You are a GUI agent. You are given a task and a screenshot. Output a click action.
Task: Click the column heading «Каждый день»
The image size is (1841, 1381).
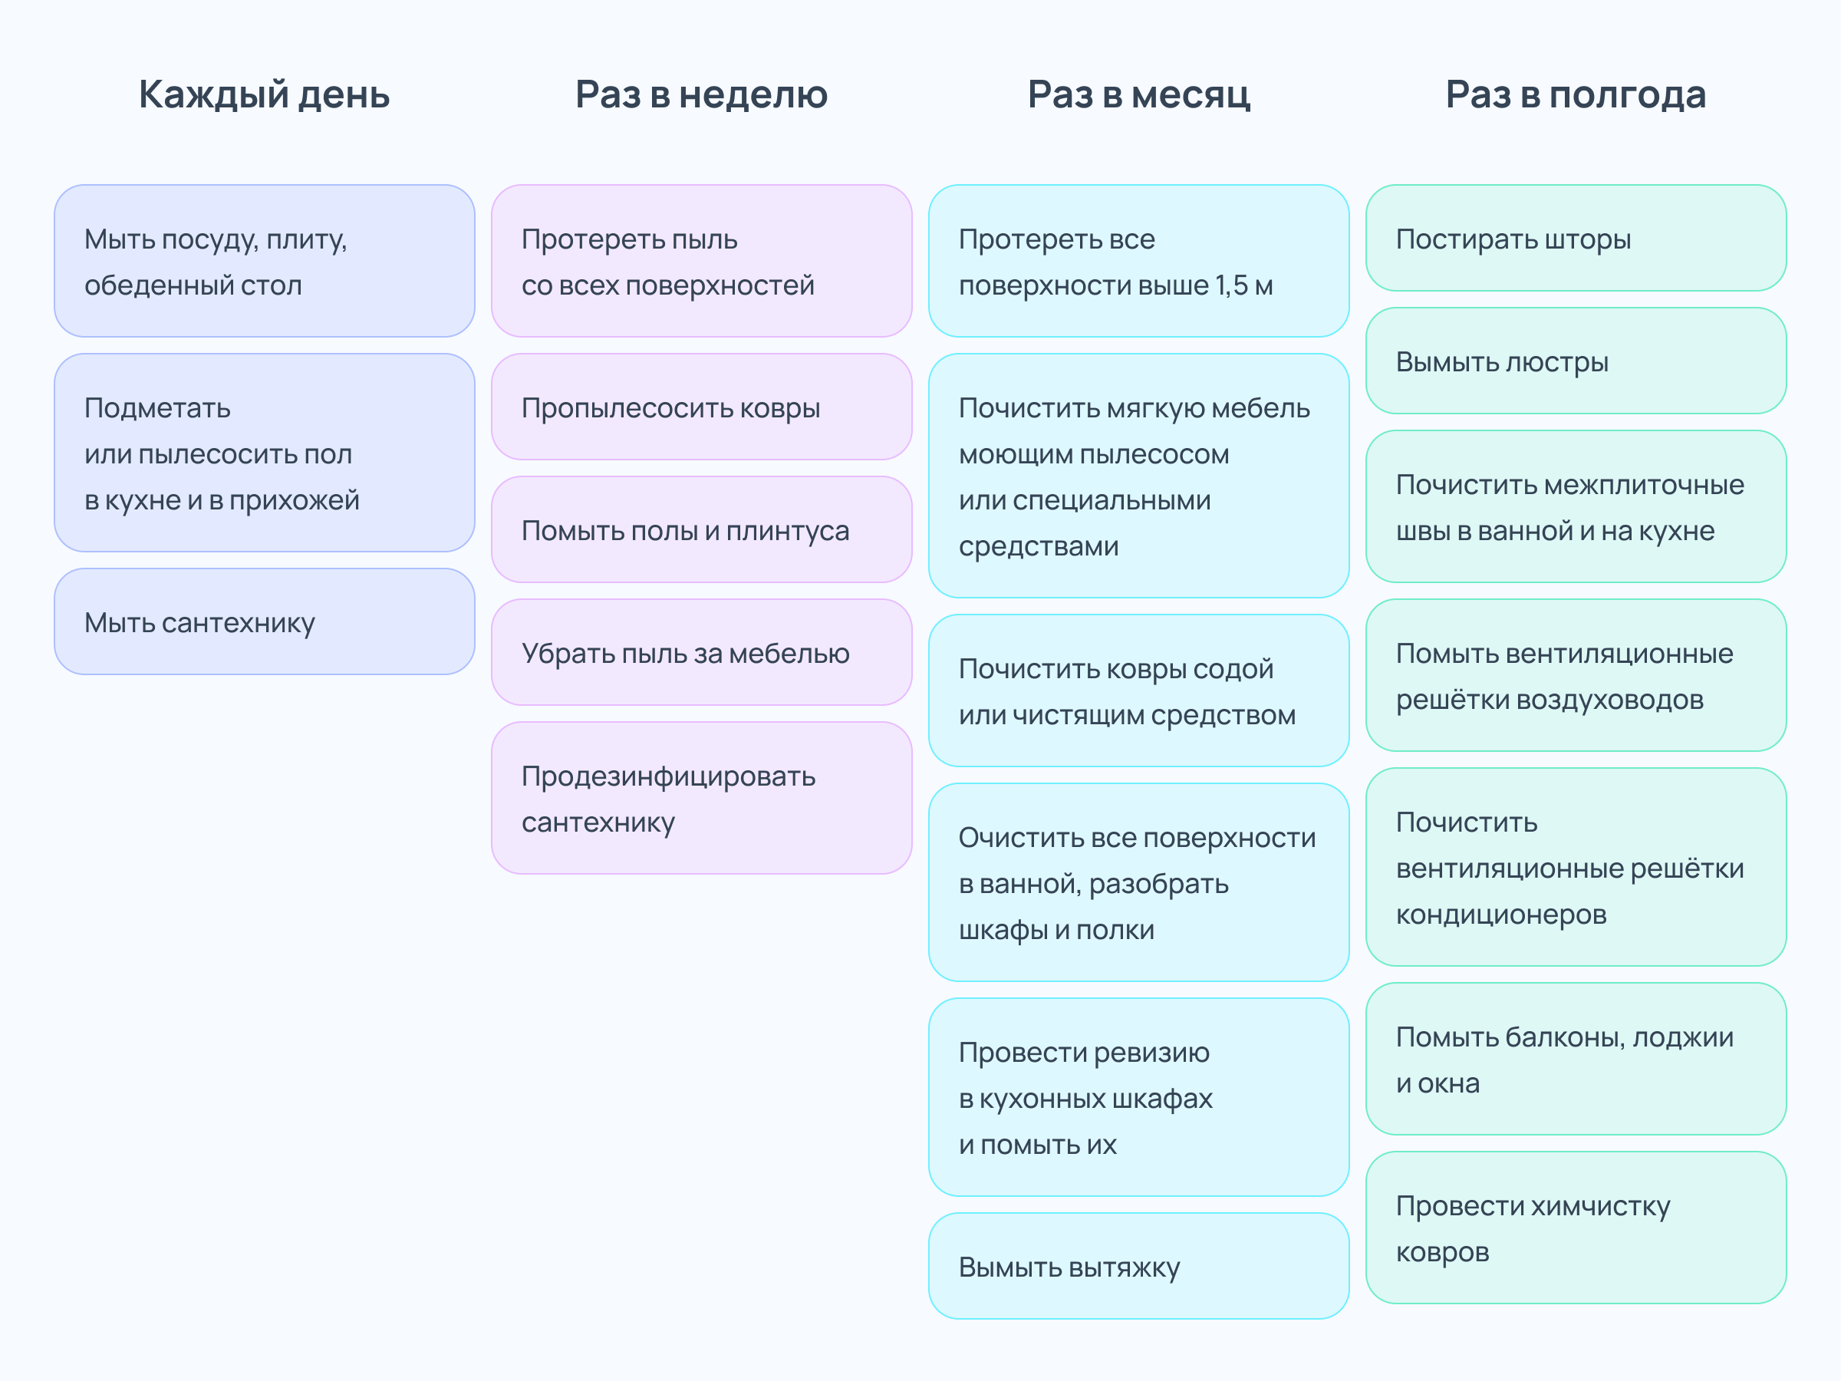pos(264,95)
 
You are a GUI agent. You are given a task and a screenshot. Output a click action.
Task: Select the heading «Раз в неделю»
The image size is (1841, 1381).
pos(702,94)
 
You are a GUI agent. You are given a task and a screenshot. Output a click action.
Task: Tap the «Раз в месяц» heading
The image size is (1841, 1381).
pos(1138,95)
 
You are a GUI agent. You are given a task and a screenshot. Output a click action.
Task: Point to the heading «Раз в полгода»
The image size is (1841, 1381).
pos(1576,95)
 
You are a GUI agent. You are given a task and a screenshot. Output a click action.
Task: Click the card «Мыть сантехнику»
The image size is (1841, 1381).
pos(265,621)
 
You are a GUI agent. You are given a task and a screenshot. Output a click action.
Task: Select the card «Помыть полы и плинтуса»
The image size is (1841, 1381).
pos(702,529)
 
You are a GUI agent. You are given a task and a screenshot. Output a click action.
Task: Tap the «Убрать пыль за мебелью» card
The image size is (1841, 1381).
pos(702,653)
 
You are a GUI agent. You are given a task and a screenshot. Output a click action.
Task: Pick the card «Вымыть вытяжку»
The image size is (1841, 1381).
pos(1138,1266)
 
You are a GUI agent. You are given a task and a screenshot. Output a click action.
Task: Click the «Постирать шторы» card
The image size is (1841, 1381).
pos(1576,238)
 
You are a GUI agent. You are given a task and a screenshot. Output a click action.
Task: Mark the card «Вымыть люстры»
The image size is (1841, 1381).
pos(1576,361)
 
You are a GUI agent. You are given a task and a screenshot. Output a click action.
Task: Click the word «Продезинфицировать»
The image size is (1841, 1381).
pos(668,776)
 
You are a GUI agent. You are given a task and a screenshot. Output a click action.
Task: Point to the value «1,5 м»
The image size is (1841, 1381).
pos(1244,285)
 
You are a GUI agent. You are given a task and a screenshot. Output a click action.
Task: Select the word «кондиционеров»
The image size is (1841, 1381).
pos(1501,915)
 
